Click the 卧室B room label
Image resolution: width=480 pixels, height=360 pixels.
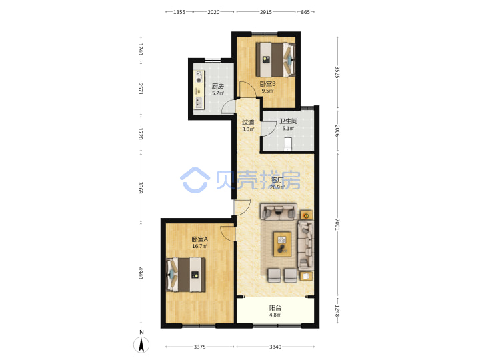267,83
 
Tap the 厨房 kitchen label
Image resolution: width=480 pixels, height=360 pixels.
218,86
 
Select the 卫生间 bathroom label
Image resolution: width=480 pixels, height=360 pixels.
288,121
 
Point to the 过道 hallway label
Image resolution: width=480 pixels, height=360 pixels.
248,122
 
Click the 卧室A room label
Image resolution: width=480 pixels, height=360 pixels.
199,239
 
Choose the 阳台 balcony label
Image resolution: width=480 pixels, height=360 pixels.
275,307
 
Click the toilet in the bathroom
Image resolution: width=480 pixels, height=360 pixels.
288,144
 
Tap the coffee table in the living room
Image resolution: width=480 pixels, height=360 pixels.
282,244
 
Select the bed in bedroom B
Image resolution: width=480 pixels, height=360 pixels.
275,60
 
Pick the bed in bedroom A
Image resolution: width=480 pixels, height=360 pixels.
186,275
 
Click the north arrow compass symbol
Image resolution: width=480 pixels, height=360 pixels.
141,344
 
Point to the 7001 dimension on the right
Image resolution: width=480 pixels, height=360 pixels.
337,224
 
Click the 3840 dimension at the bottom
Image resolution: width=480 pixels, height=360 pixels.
275,347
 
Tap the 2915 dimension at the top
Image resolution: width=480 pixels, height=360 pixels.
266,12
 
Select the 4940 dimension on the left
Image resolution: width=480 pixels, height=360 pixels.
140,273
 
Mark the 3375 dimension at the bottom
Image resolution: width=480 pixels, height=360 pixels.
199,347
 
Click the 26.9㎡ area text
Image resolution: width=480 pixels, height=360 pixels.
277,187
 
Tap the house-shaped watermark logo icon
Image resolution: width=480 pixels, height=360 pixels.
195,180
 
